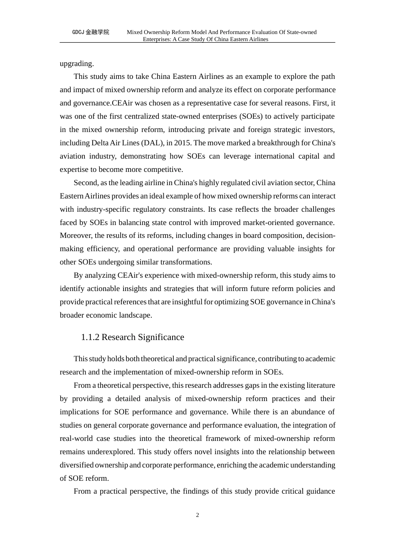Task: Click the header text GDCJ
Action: (x=78, y=32)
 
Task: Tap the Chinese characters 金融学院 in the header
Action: (x=97, y=32)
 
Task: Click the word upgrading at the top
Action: (x=77, y=64)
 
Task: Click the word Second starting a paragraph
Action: (x=86, y=183)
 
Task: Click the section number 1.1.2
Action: (x=90, y=337)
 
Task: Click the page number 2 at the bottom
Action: (x=197, y=515)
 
